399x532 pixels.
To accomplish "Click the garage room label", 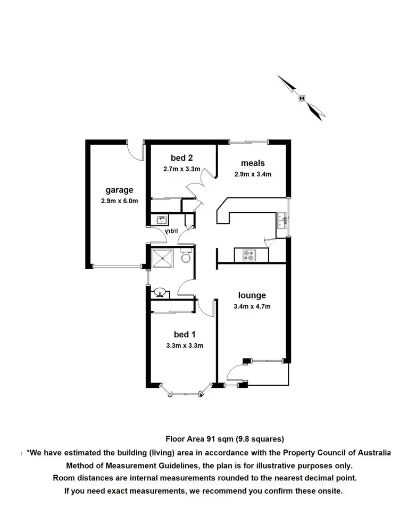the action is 119,190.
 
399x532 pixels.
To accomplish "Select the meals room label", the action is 253,163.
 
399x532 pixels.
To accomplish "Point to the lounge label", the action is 252,296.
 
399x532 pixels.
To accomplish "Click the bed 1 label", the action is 185,335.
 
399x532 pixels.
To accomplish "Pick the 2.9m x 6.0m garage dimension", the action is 119,201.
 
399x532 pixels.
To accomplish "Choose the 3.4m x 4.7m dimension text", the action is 252,306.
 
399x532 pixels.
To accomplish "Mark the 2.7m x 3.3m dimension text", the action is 181,169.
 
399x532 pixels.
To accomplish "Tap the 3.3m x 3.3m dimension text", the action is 185,345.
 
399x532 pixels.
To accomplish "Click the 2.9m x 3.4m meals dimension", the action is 253,174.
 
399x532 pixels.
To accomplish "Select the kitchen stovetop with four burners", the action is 248,255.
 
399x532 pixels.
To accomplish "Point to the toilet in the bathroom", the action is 185,257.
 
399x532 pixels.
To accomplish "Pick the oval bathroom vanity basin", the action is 160,293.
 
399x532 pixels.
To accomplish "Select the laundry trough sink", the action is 160,220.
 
